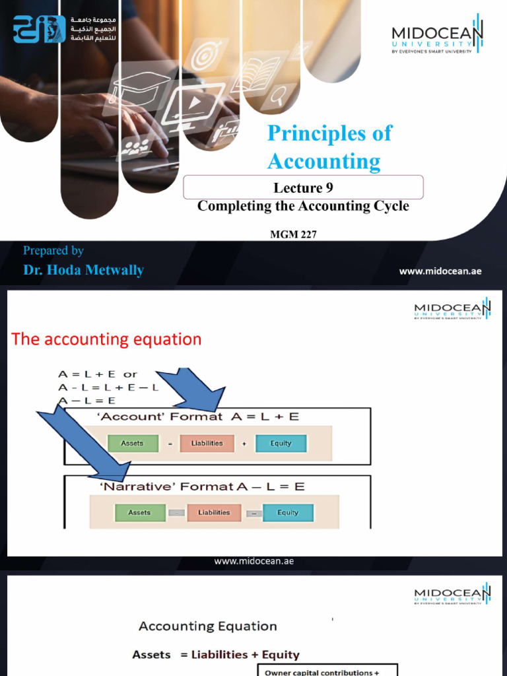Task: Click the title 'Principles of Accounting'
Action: click(329, 147)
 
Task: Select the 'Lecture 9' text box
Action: click(303, 188)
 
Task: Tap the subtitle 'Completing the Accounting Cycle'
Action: click(303, 206)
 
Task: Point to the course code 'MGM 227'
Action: click(294, 234)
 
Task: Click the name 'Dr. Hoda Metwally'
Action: click(83, 270)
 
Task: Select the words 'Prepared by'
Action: click(53, 250)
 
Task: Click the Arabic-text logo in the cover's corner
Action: click(40, 30)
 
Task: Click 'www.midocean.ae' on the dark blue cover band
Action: click(440, 271)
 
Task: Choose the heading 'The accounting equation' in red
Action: click(106, 339)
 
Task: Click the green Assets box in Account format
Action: click(132, 444)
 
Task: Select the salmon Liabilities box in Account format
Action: click(207, 444)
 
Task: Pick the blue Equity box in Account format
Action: click(281, 444)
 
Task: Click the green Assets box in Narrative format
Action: click(139, 512)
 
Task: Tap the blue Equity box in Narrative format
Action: click(288, 512)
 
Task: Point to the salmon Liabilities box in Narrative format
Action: click(214, 512)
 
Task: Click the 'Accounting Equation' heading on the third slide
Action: click(207, 626)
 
